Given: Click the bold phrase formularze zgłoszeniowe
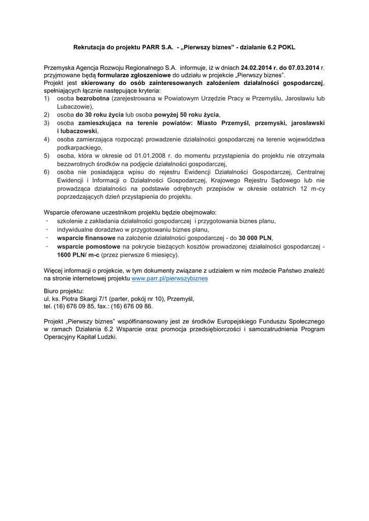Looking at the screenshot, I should tap(134, 74).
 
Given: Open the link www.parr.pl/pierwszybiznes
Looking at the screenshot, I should tap(169, 279).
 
